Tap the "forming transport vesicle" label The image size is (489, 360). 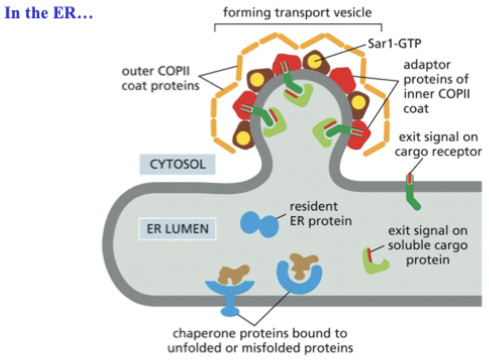[297, 12]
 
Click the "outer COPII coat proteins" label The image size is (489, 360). [161, 78]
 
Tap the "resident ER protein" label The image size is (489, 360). [320, 213]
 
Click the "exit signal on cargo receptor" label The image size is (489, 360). [439, 144]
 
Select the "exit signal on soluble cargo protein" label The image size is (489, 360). [427, 246]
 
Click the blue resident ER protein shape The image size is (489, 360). [259, 223]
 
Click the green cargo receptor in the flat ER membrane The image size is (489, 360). [412, 192]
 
